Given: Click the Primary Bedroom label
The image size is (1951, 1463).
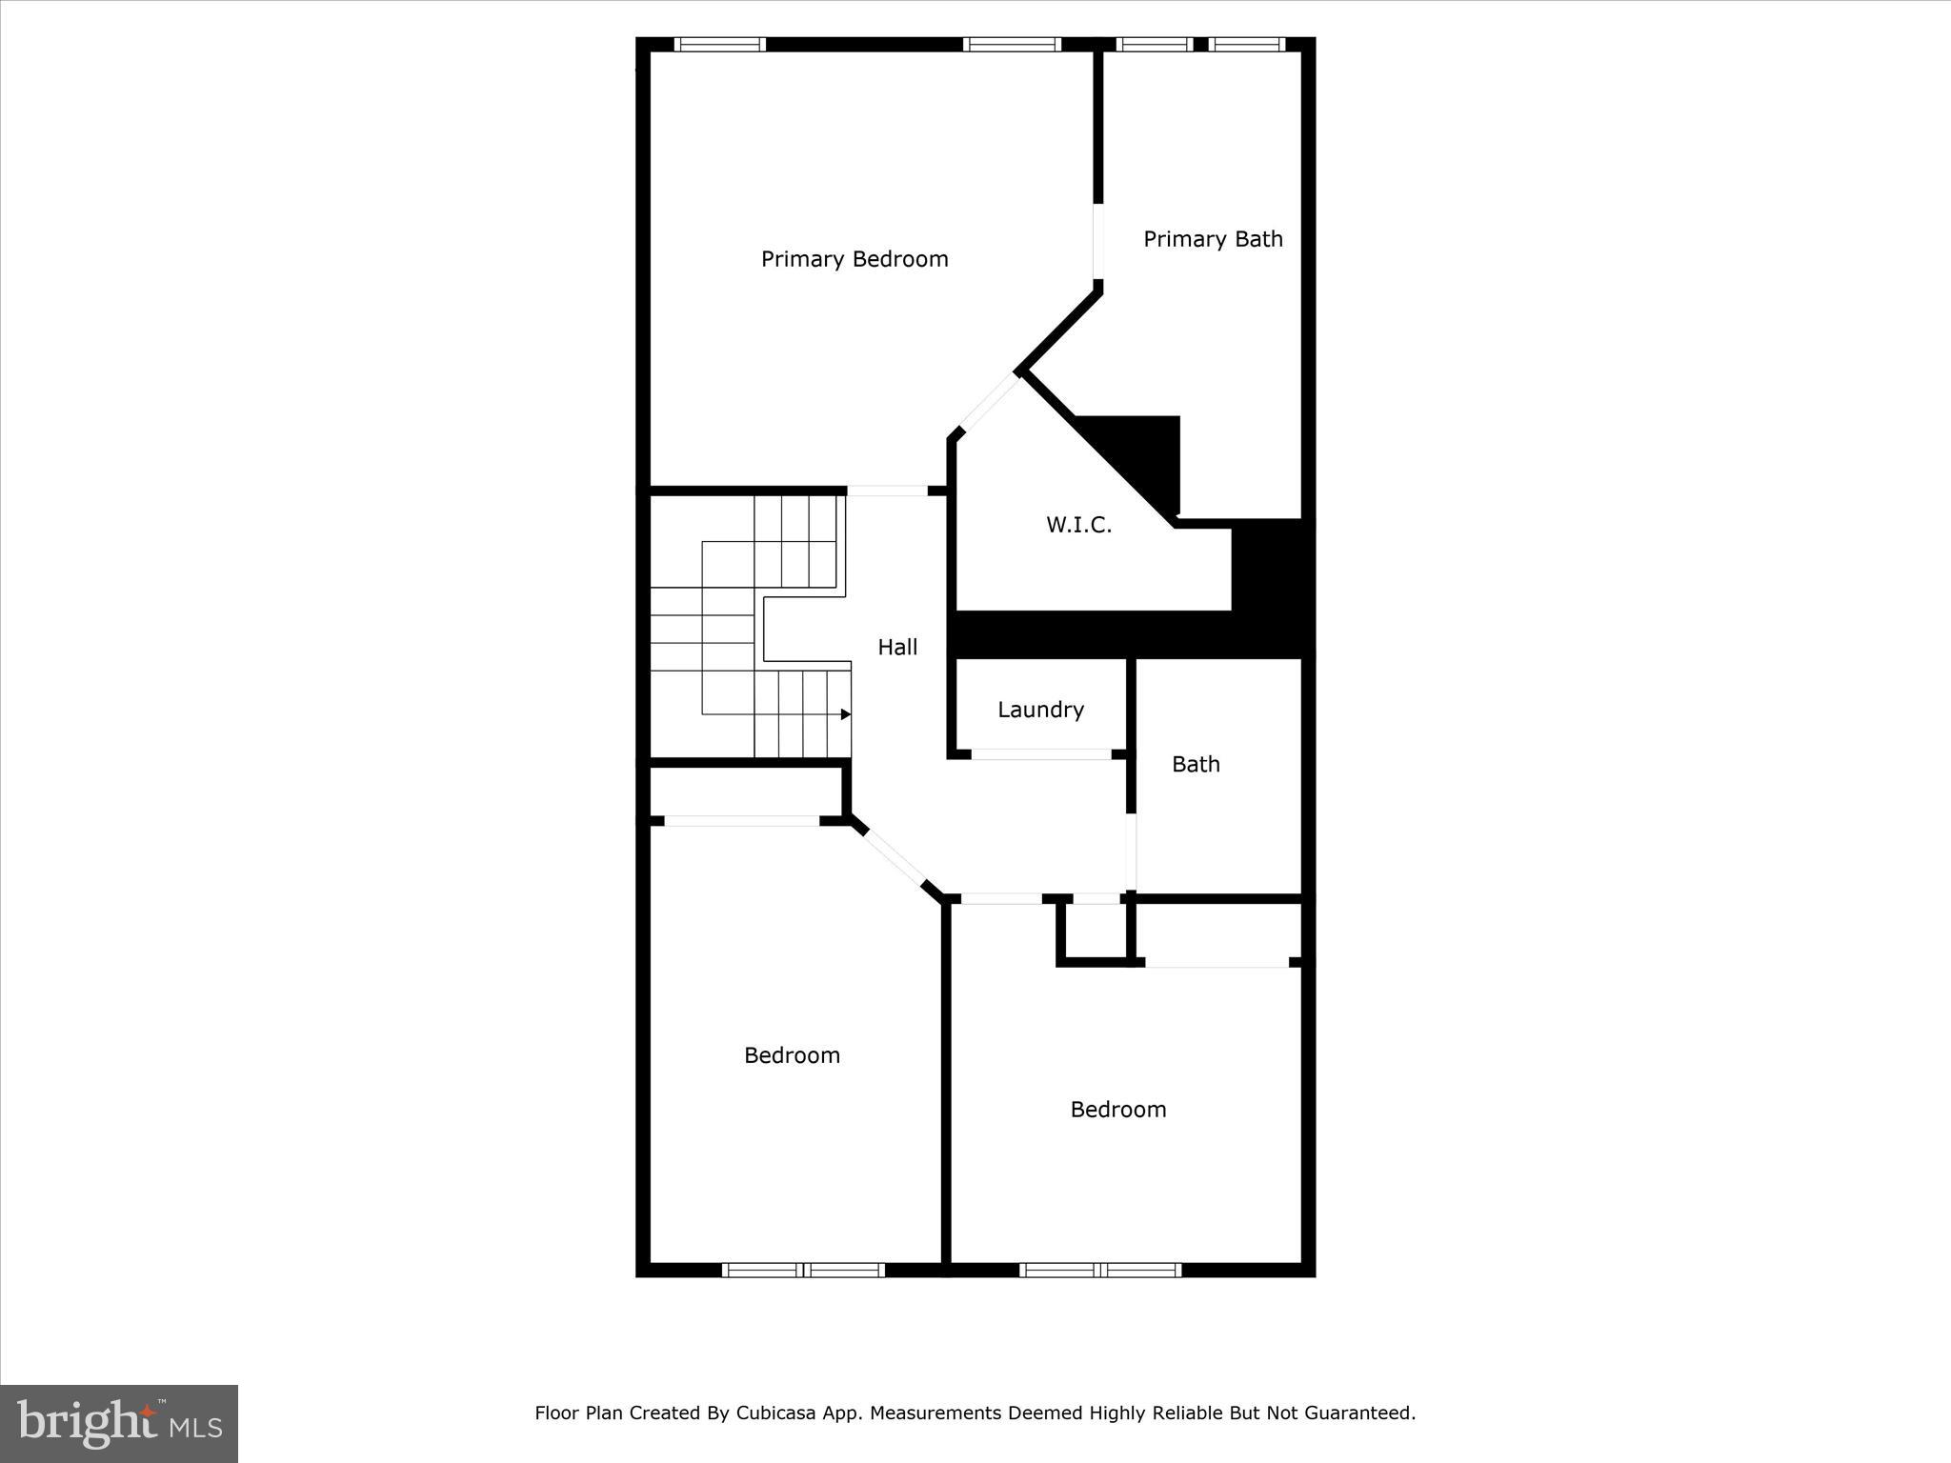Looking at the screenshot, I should pos(855,259).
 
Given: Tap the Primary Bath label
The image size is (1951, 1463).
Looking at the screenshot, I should pos(1213,239).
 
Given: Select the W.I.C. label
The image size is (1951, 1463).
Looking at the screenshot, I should pos(1078,525).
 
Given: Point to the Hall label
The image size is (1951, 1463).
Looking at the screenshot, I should pos(897,648).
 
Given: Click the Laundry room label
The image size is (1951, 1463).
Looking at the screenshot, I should pos(1040,710).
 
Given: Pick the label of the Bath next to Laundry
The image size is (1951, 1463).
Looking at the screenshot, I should pos(1196,764).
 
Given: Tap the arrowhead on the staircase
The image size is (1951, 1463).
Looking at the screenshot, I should pos(845,714).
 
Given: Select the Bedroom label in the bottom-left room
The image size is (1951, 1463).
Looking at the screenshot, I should pos(792,1055).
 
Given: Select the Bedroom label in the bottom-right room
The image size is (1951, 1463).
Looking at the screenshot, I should pos(1117,1110).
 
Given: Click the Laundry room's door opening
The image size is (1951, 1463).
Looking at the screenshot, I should pos(1040,754).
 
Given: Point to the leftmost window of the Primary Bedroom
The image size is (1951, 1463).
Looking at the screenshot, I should pos(720,44).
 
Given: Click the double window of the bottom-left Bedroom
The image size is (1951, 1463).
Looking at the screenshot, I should pos(803,1270).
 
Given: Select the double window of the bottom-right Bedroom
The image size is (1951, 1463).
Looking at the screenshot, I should pos(1100,1270).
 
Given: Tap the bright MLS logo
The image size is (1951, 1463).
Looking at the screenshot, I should pos(119,1422).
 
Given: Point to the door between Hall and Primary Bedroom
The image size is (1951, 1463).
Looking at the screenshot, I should pos(887,491).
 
